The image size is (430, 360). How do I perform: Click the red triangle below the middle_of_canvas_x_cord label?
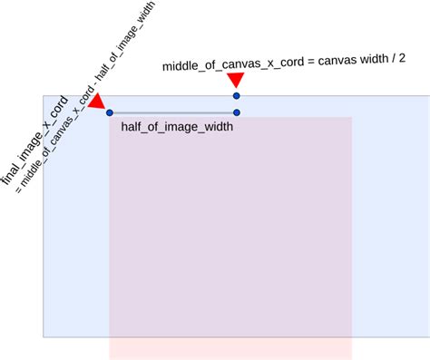tap(235, 82)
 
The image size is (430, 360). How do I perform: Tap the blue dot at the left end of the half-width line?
tap(109, 112)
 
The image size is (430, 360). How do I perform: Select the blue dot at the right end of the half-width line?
tap(236, 112)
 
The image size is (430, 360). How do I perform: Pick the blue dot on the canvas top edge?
tap(236, 95)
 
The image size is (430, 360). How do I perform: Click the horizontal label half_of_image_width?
tap(177, 128)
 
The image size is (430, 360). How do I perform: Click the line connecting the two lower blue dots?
tap(172, 112)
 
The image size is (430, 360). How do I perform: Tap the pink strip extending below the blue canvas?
tap(230, 348)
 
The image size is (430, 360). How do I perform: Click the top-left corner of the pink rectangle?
tap(110, 117)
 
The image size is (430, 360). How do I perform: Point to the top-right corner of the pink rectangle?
tap(352, 117)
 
